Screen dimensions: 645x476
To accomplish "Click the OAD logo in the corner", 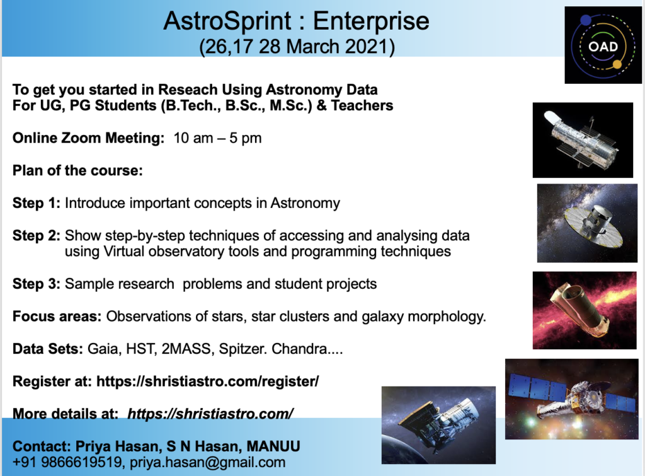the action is point(603,45).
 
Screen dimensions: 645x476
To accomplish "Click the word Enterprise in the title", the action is point(371,21).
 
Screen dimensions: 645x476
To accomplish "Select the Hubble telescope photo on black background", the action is point(583,140).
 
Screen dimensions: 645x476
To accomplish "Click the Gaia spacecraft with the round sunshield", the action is point(587,223).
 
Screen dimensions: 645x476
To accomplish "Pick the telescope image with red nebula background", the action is point(584,310).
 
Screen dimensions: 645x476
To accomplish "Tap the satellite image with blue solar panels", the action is point(571,398).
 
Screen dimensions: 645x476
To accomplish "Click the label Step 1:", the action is point(36,203).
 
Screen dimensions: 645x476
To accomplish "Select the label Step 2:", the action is point(36,236).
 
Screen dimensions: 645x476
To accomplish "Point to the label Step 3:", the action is point(36,284).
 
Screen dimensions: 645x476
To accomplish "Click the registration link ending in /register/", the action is point(208,381).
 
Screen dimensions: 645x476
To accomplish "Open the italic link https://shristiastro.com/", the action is point(210,414).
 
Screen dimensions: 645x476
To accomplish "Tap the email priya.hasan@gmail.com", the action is point(208,462).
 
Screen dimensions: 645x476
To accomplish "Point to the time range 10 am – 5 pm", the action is point(217,138).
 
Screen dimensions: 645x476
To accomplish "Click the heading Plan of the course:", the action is point(77,170).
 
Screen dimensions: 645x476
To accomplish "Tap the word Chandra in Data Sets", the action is point(299,349).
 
